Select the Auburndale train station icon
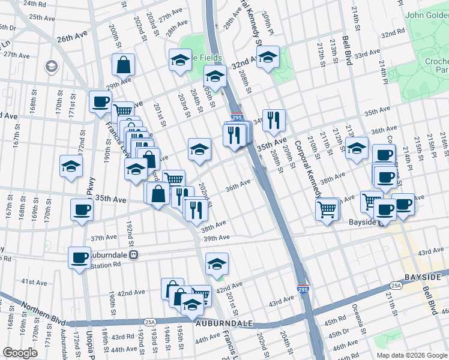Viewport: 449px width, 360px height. [135, 254]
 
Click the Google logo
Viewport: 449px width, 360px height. [20, 353]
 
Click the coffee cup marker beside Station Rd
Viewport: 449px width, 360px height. [79, 258]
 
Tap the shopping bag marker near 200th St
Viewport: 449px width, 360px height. [123, 65]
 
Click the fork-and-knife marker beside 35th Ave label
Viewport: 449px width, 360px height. [274, 120]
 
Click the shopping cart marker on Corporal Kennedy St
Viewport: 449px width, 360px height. [328, 209]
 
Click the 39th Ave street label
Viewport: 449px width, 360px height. [217, 238]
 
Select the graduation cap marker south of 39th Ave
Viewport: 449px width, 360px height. [217, 263]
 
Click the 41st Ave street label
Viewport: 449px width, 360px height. [34, 281]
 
